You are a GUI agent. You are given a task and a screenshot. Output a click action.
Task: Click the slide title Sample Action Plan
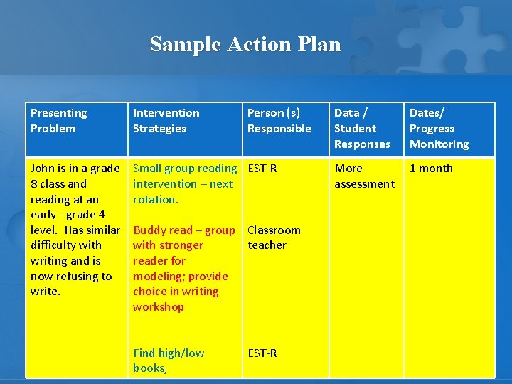[x=245, y=44]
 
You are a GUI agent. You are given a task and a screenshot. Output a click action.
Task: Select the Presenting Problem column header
[x=58, y=120]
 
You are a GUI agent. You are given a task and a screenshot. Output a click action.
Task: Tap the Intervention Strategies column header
[x=166, y=120]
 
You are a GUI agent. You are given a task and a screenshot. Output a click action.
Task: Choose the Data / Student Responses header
[x=362, y=128]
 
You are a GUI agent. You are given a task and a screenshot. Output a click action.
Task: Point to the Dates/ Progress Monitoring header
[x=439, y=128]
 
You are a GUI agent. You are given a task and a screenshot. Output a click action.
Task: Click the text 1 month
[x=431, y=169]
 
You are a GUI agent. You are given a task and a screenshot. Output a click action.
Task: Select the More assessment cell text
[x=364, y=176]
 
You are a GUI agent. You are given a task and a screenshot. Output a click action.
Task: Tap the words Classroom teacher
[x=274, y=238]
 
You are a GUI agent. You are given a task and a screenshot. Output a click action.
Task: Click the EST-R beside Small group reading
[x=262, y=169]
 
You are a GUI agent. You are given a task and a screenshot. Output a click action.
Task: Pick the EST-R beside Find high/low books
[x=262, y=353]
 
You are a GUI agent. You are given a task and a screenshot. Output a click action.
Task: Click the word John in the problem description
[x=43, y=169]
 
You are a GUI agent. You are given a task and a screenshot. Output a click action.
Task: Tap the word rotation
[x=154, y=200]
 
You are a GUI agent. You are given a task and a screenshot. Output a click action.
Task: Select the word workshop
[x=158, y=307]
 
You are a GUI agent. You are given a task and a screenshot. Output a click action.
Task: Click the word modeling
[x=154, y=276]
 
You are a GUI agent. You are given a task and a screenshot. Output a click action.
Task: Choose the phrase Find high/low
[x=169, y=353]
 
